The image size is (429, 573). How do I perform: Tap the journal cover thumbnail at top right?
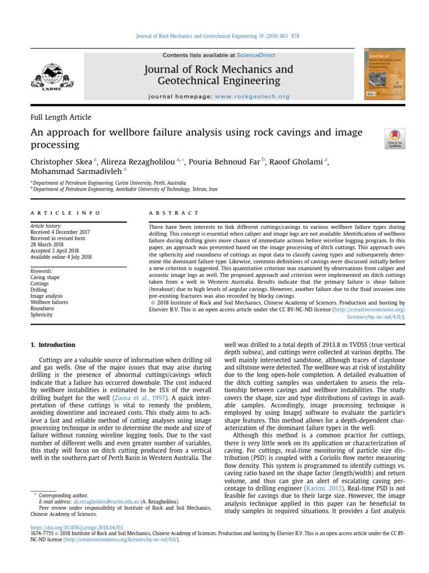(x=385, y=76)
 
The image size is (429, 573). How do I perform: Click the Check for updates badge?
(x=395, y=138)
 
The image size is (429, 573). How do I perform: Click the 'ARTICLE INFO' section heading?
(x=65, y=213)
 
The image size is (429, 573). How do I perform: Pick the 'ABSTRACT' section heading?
(x=174, y=213)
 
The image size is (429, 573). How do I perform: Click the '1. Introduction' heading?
(x=53, y=345)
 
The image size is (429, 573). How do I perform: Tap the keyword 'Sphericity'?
(x=41, y=315)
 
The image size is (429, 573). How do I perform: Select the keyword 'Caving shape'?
(x=46, y=278)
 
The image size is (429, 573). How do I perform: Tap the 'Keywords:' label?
(x=41, y=271)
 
